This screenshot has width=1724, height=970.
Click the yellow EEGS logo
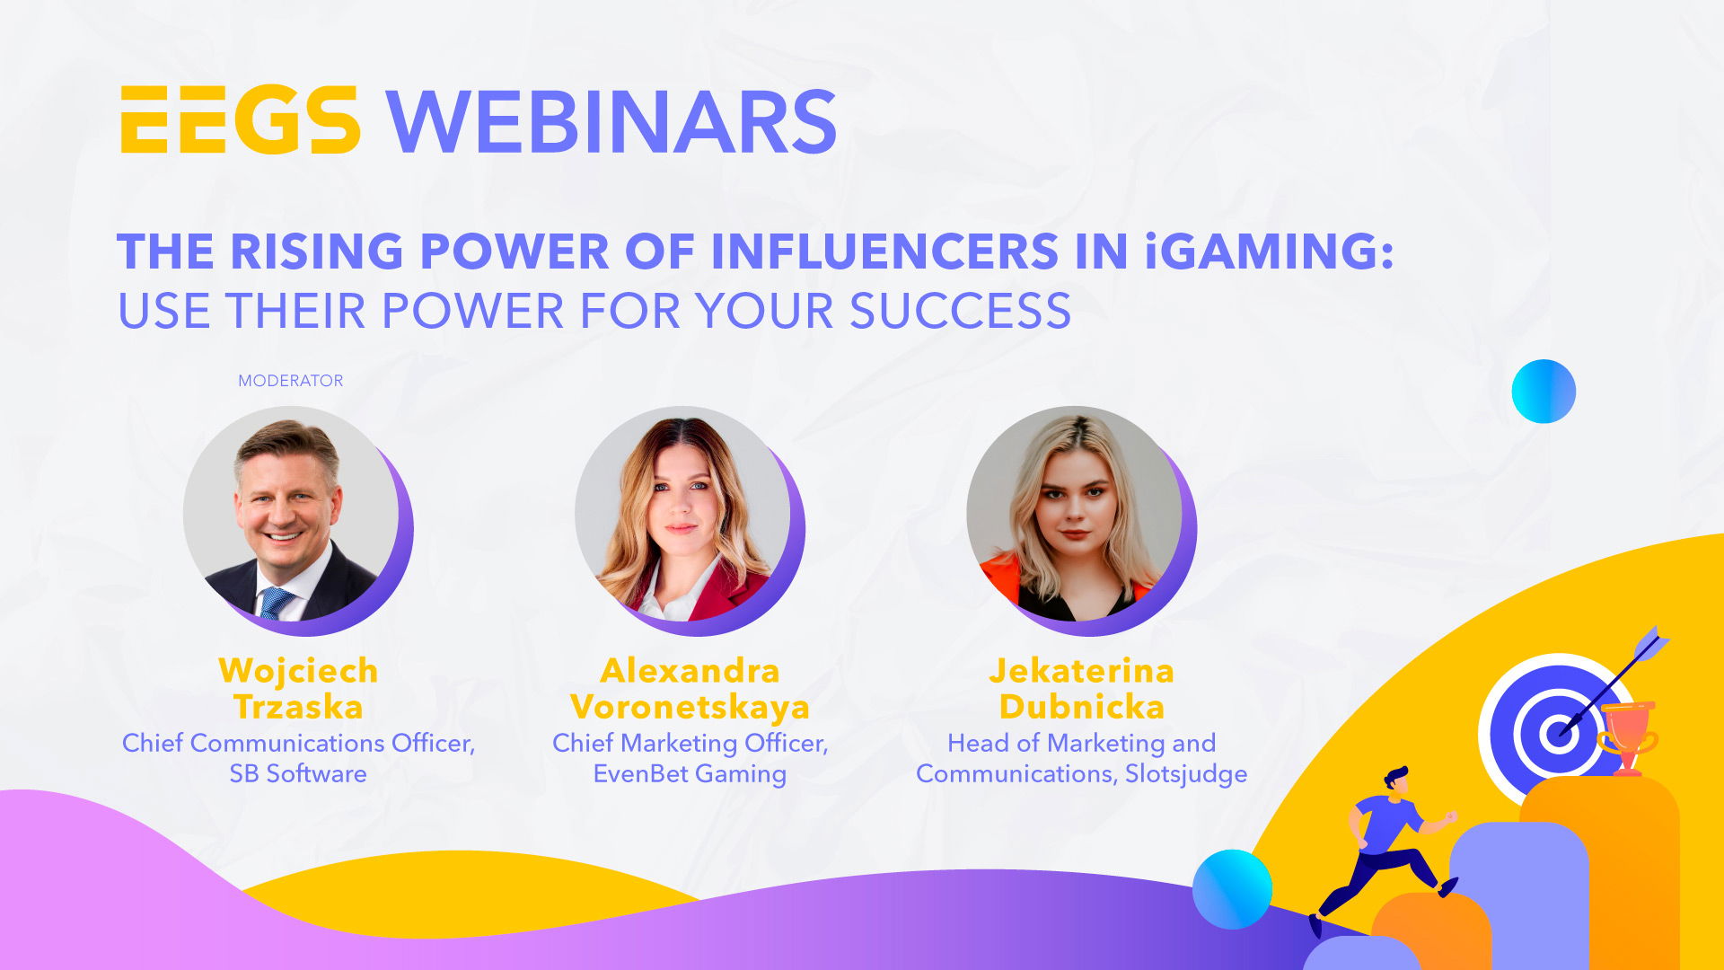(x=241, y=120)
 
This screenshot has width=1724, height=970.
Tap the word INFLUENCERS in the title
(x=884, y=251)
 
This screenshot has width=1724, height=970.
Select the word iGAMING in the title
(x=1270, y=251)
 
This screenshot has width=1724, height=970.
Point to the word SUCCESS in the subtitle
(x=960, y=311)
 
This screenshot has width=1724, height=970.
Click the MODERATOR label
(x=290, y=381)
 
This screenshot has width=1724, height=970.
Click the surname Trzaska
(x=298, y=707)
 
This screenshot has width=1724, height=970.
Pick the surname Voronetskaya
(x=690, y=707)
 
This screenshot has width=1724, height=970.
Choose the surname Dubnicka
(x=1081, y=707)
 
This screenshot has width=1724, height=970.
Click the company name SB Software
(x=298, y=773)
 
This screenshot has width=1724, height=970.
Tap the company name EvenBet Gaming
(x=690, y=773)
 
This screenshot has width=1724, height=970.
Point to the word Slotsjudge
(x=1186, y=773)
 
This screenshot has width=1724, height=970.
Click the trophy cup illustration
(x=1627, y=737)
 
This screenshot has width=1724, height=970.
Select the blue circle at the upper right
(x=1544, y=392)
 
